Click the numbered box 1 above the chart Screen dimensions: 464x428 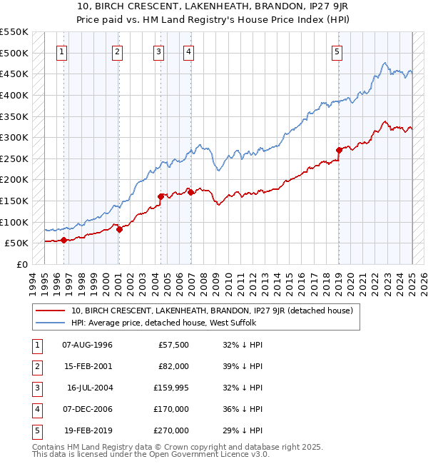[62, 51]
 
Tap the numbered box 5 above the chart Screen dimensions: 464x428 [336, 51]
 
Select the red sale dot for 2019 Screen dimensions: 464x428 [339, 150]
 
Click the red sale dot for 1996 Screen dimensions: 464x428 [64, 240]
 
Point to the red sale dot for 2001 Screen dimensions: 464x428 [119, 229]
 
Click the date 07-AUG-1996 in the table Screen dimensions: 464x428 [88, 345]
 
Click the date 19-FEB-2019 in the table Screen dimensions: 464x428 [88, 430]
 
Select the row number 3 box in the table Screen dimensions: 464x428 [35, 388]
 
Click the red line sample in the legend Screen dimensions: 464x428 [51, 311]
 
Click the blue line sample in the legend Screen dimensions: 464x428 [51, 323]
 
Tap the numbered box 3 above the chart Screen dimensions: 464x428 [158, 51]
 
